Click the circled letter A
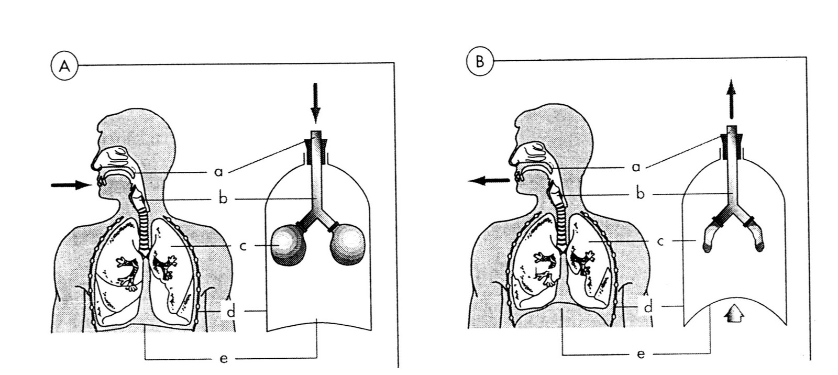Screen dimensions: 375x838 click(x=64, y=67)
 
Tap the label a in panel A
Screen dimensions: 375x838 click(x=218, y=171)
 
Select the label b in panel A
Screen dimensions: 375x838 click(x=223, y=200)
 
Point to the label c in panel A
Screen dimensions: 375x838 click(x=243, y=246)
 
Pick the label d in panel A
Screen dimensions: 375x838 click(x=230, y=312)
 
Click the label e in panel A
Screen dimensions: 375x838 click(x=224, y=359)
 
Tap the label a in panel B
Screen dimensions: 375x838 click(x=636, y=167)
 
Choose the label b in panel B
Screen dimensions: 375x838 click(x=640, y=194)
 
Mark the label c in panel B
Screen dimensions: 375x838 click(x=660, y=241)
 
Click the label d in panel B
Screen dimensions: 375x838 click(x=648, y=307)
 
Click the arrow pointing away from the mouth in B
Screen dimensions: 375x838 click(x=489, y=181)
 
